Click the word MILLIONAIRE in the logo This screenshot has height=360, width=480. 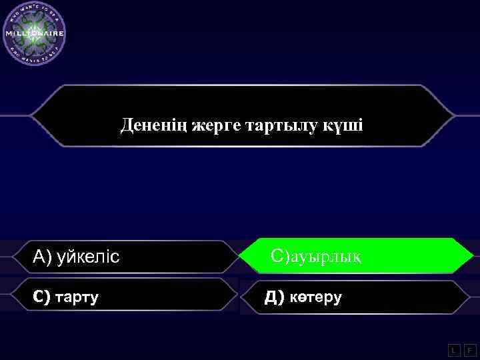pyautogui.click(x=34, y=33)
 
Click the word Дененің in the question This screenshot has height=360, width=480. pyautogui.click(x=153, y=125)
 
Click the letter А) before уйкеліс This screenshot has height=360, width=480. pyautogui.click(x=42, y=256)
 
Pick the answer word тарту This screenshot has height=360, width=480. pyautogui.click(x=76, y=297)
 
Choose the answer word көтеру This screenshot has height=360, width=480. pyautogui.click(x=313, y=297)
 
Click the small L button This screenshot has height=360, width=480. pyautogui.click(x=453, y=349)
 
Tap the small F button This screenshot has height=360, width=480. pyautogui.click(x=470, y=349)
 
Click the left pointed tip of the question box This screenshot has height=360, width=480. pyautogui.click(x=31, y=116)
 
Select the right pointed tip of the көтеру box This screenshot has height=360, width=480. pyautogui.click(x=469, y=297)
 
